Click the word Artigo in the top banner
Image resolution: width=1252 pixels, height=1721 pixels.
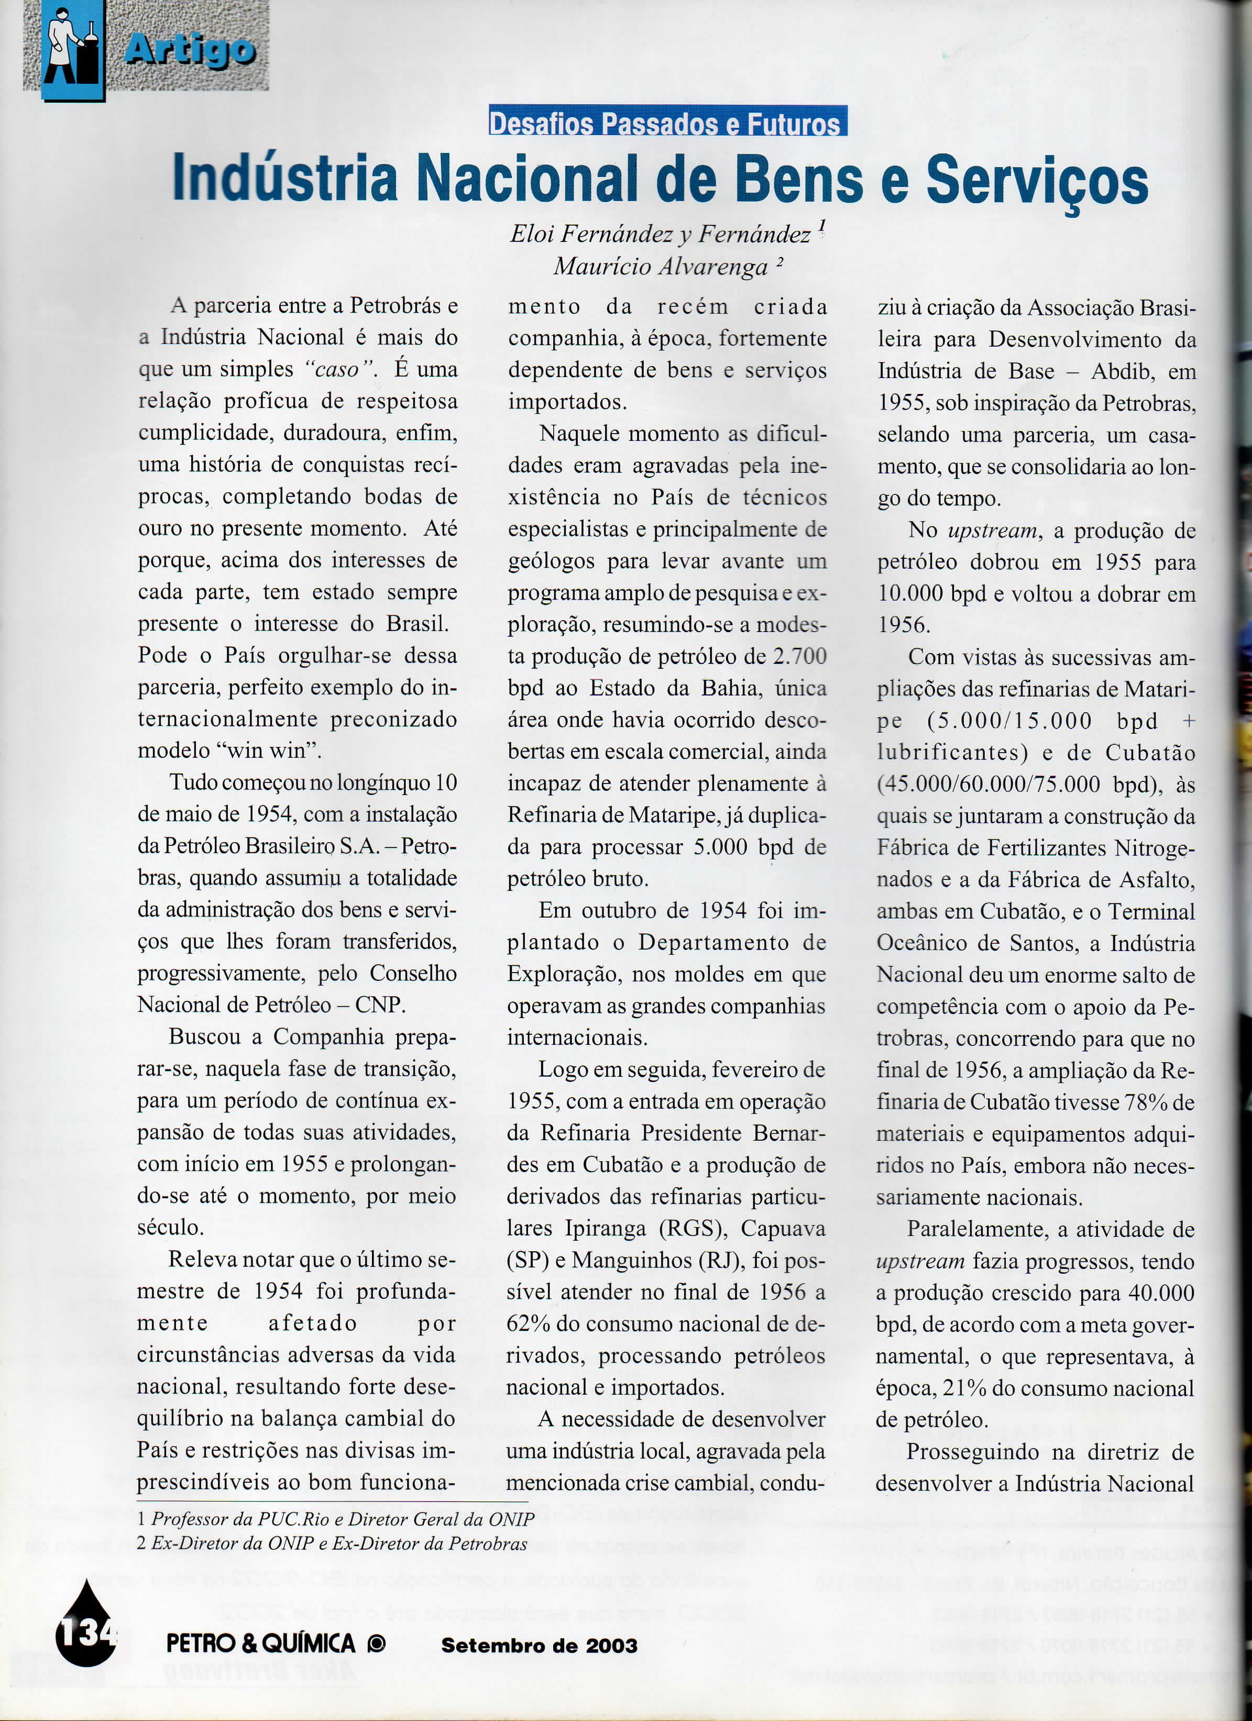(x=189, y=50)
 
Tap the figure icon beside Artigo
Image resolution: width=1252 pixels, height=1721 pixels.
(x=73, y=47)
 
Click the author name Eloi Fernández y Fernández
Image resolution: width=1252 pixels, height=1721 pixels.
(x=660, y=234)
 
